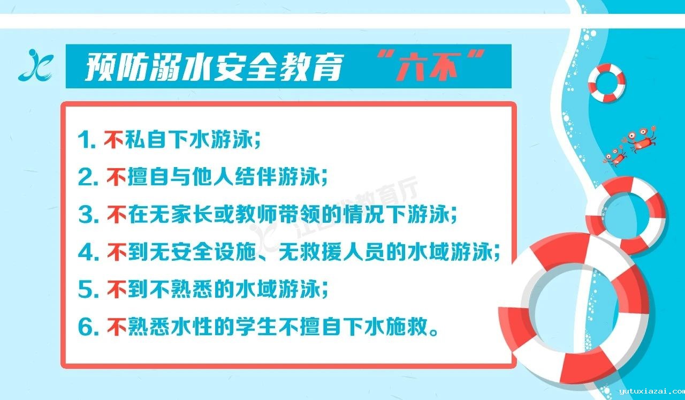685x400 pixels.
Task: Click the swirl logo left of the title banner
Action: pos(36,65)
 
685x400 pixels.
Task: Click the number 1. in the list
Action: pos(88,140)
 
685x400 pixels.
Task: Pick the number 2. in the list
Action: pos(88,177)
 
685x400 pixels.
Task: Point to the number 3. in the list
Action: pos(88,215)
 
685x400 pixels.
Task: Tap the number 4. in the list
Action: pos(88,252)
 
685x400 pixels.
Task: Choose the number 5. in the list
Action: pos(88,290)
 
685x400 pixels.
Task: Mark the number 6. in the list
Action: pos(88,327)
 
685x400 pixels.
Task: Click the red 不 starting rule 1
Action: pos(114,140)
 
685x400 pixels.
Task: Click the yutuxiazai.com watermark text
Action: pos(652,391)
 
